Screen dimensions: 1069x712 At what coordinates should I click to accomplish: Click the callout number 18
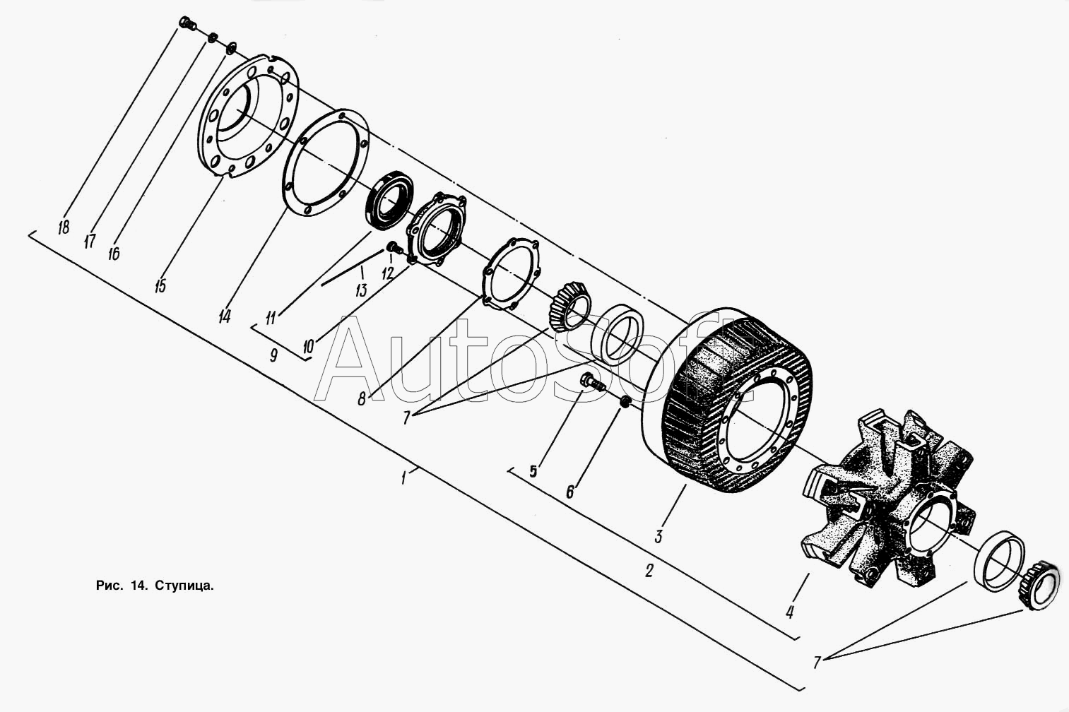(64, 227)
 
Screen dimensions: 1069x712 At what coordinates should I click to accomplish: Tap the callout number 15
(160, 286)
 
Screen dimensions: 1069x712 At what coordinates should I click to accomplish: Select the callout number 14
(224, 316)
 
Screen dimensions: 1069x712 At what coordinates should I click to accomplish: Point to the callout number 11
(271, 317)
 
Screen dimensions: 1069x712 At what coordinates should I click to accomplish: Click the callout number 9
(273, 355)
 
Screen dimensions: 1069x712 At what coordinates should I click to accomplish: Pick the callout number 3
(658, 536)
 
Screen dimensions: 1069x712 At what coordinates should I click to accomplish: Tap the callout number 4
(790, 612)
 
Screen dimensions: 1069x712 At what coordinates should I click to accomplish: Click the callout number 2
(649, 570)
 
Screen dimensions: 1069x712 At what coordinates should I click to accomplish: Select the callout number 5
(533, 471)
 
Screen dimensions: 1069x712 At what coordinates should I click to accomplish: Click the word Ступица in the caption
(184, 586)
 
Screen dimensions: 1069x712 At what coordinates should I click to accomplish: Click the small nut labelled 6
(626, 402)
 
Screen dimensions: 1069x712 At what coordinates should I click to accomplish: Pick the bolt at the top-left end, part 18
(187, 23)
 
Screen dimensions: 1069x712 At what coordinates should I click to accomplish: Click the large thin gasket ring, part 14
(326, 162)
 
